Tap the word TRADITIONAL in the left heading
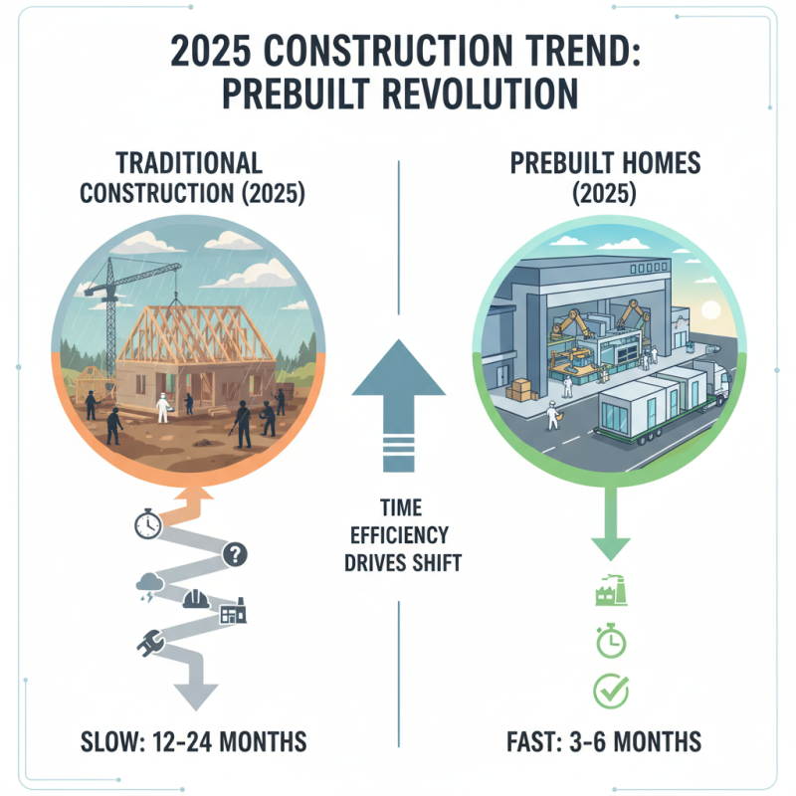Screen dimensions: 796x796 tap(188, 161)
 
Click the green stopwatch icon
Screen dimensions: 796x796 tap(608, 642)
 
